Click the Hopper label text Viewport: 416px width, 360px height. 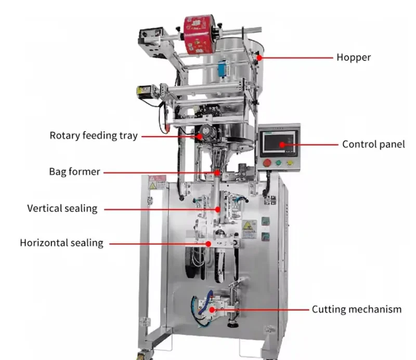tap(354, 57)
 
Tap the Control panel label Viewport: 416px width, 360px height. tap(373, 144)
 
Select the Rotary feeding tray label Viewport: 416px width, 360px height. tap(94, 136)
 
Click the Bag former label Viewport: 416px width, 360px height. tap(74, 171)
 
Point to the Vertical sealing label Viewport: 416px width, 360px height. tap(62, 208)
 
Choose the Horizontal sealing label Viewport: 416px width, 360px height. tap(61, 243)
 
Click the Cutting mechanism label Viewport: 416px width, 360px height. tap(357, 310)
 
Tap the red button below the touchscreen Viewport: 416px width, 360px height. tap(267, 163)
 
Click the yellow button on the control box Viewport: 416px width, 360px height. tap(290, 163)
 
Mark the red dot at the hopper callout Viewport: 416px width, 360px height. tap(259, 58)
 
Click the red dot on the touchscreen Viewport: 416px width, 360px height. tap(282, 144)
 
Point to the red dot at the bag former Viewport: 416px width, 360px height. tap(217, 173)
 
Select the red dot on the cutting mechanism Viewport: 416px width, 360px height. tap(212, 310)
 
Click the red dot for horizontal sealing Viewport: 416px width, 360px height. tap(209, 244)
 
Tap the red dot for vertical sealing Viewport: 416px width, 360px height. tap(217, 209)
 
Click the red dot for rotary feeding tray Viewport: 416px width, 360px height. tap(200, 137)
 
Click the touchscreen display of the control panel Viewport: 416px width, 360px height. tap(279, 143)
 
